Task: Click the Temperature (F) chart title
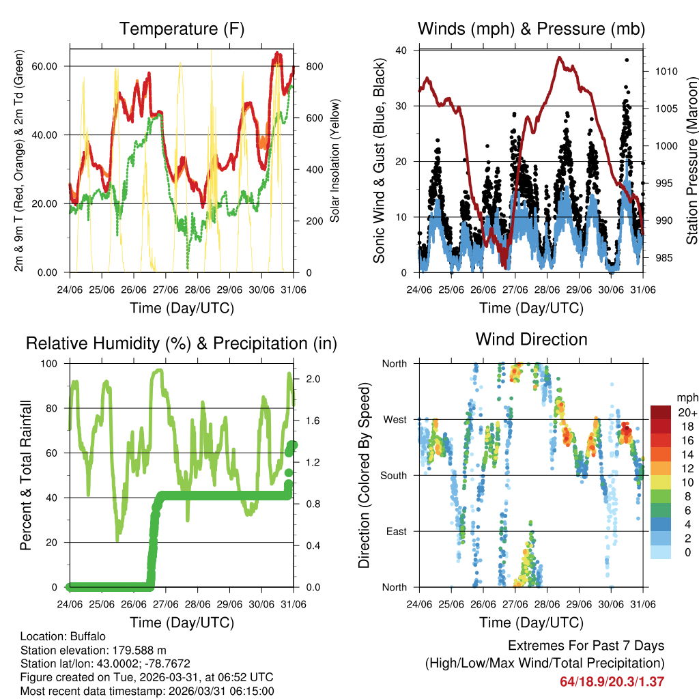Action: [x=182, y=29]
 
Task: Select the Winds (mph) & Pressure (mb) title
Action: [x=531, y=29]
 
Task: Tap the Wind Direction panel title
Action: [x=531, y=339]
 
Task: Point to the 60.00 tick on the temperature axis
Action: [x=53, y=66]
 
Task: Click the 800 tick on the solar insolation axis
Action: [x=306, y=66]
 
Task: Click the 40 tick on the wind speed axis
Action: [x=402, y=51]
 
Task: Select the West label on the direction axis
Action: [x=395, y=419]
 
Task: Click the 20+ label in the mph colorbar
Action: [x=686, y=412]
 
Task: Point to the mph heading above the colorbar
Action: [x=687, y=397]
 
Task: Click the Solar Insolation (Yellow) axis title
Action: [x=335, y=161]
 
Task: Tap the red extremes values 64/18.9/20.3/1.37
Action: [x=612, y=681]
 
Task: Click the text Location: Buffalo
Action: [x=63, y=636]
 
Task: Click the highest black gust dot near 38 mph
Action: [x=627, y=60]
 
